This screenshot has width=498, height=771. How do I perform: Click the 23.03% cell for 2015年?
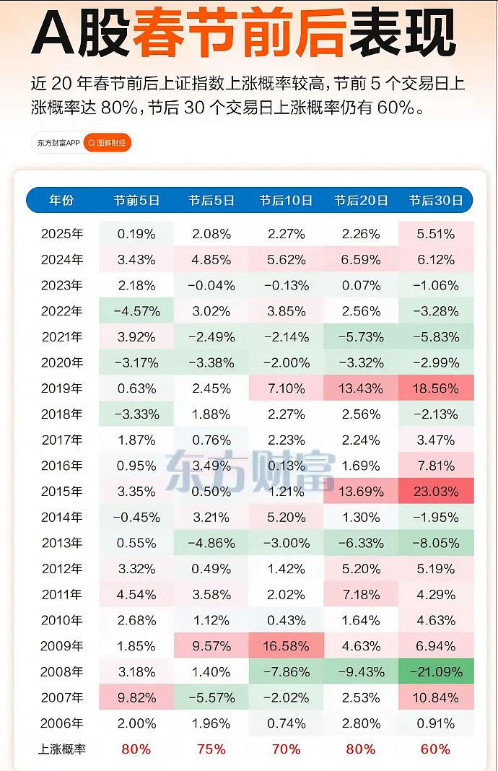point(435,492)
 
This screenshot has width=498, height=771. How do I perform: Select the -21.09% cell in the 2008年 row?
point(435,672)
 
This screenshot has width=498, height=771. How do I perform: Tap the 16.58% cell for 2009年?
point(286,646)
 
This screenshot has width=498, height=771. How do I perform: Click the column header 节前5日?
point(136,201)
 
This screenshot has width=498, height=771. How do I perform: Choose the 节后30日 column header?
point(435,201)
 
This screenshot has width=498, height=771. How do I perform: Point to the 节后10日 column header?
point(286,201)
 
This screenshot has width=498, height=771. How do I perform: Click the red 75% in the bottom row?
point(211,749)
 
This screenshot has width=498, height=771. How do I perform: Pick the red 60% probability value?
point(435,749)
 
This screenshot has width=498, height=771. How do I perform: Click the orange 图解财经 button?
point(107,143)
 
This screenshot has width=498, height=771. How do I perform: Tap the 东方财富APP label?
point(58,143)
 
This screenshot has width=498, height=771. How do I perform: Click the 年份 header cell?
point(61,201)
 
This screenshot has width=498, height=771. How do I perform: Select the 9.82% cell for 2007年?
point(136,697)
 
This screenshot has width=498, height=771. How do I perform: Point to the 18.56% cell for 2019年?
point(435,388)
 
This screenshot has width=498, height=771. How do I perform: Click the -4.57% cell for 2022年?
point(136,311)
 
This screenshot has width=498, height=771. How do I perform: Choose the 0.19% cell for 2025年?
point(136,234)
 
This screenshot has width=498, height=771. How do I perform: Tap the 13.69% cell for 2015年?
point(361,492)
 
